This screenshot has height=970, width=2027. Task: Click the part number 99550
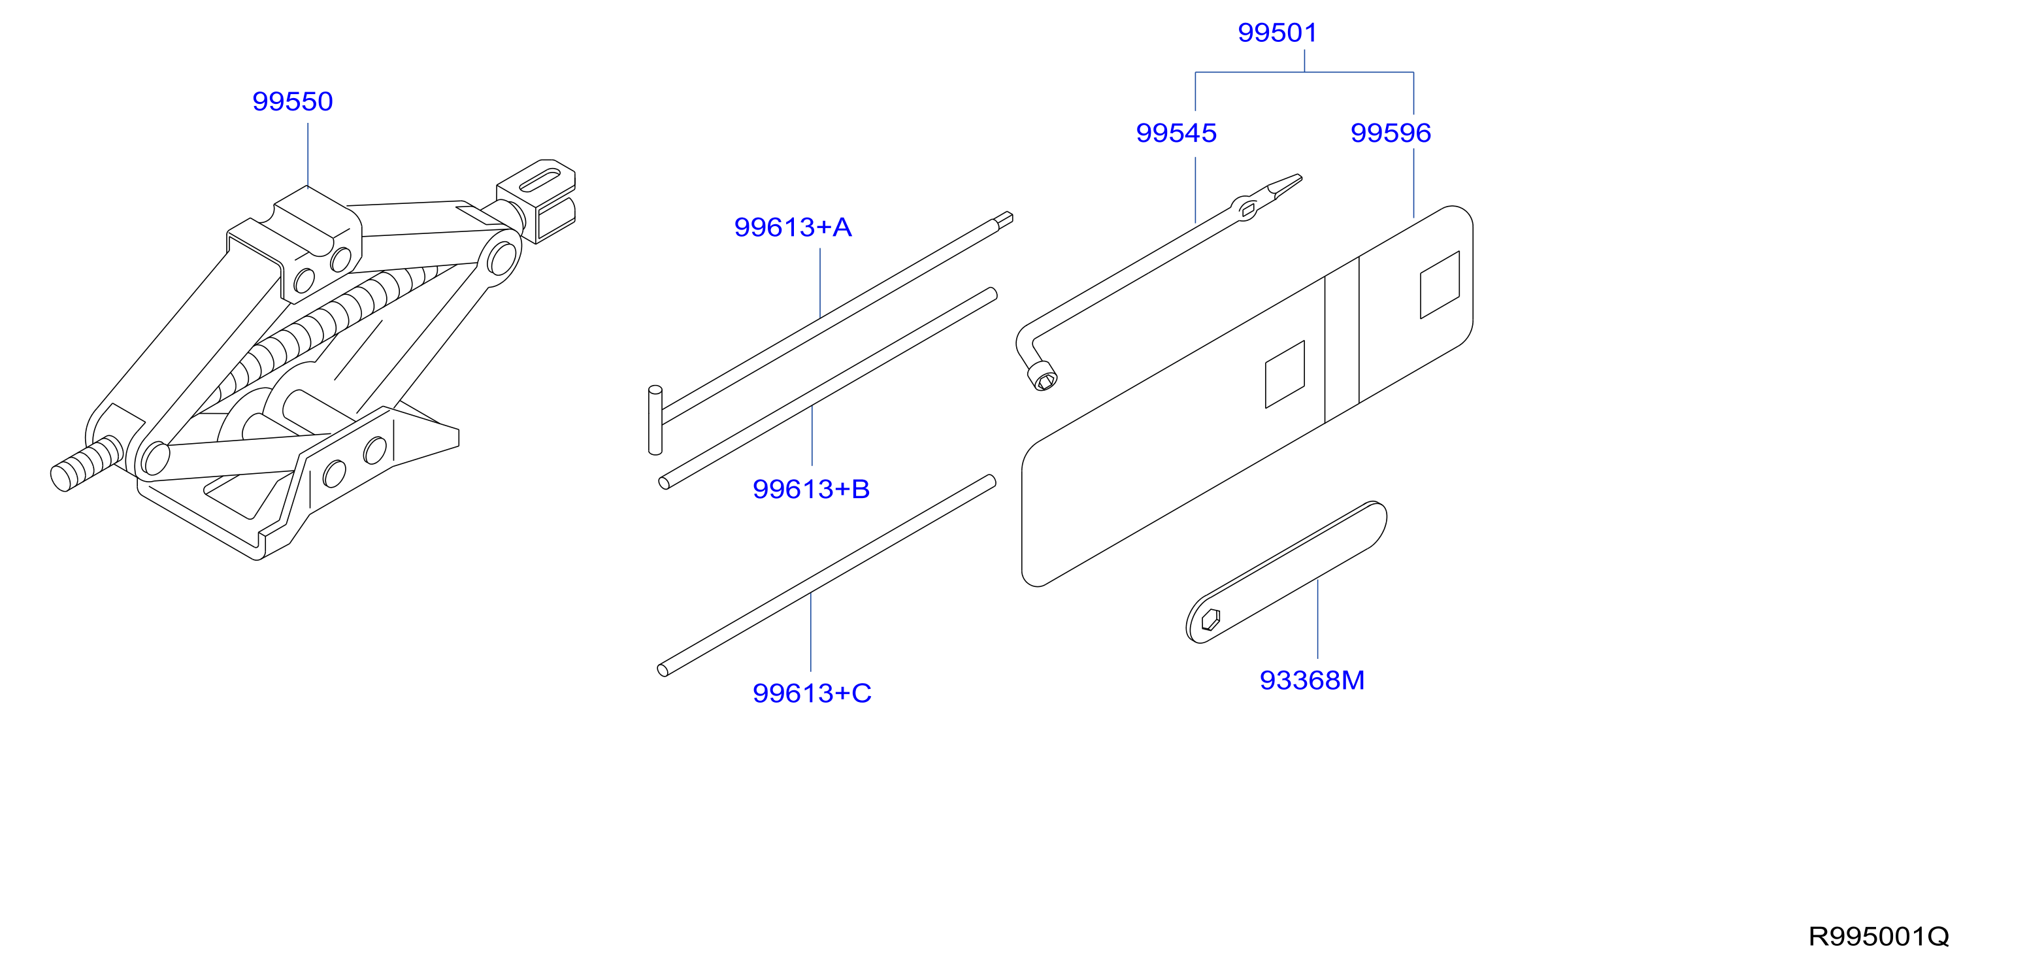[293, 101]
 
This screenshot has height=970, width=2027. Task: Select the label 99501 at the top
[1277, 33]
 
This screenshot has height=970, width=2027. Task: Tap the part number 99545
[1176, 133]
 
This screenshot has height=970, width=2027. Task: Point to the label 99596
[1391, 133]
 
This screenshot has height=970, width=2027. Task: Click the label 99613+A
[793, 227]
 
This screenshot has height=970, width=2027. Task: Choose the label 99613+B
[812, 489]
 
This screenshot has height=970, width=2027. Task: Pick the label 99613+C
[812, 693]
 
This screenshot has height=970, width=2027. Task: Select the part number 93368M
[1311, 680]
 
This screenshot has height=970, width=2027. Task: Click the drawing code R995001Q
[1878, 937]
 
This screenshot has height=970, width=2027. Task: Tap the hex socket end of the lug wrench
[1044, 377]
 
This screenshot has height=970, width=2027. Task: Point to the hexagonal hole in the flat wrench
[1210, 620]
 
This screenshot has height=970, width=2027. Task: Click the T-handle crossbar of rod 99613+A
[655, 420]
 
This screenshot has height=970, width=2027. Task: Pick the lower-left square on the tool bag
[1285, 374]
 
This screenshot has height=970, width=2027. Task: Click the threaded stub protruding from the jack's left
[85, 463]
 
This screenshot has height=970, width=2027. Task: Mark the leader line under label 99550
[308, 154]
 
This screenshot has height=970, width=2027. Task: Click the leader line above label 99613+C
[810, 632]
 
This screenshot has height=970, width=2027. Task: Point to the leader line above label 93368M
[1317, 618]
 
